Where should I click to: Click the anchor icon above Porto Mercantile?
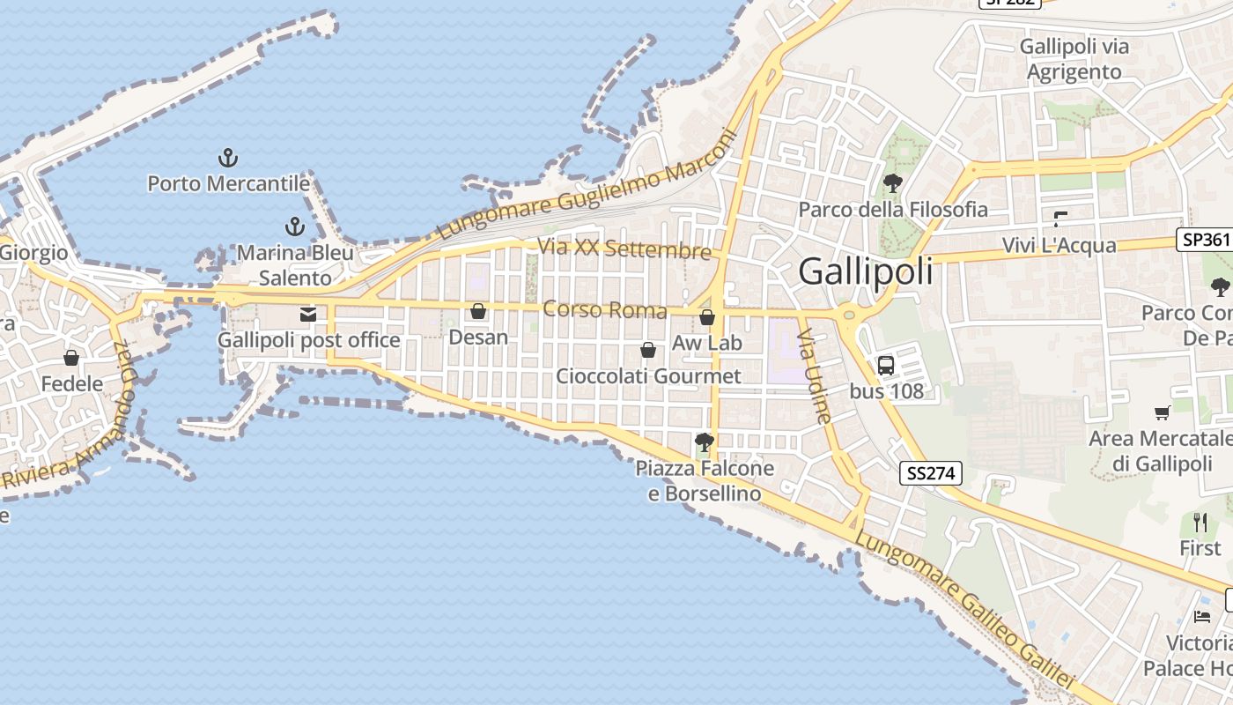228,159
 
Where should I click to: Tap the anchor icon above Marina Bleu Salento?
295,226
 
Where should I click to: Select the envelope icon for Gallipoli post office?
308,314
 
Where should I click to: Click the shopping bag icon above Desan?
478,311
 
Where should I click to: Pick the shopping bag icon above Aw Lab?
707,317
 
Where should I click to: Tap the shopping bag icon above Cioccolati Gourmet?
648,350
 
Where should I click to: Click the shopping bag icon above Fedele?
71,358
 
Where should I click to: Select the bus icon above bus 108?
886,365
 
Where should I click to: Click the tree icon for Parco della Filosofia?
892,183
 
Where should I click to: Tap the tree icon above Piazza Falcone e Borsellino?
704,442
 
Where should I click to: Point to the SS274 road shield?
931,473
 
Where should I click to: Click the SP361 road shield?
1204,240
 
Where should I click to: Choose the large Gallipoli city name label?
865,271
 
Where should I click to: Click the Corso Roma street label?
605,309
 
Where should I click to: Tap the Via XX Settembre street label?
624,249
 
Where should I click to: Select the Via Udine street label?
816,376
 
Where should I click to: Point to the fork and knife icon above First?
1200,523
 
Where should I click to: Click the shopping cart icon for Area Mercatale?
1163,412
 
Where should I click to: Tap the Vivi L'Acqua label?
1059,245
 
